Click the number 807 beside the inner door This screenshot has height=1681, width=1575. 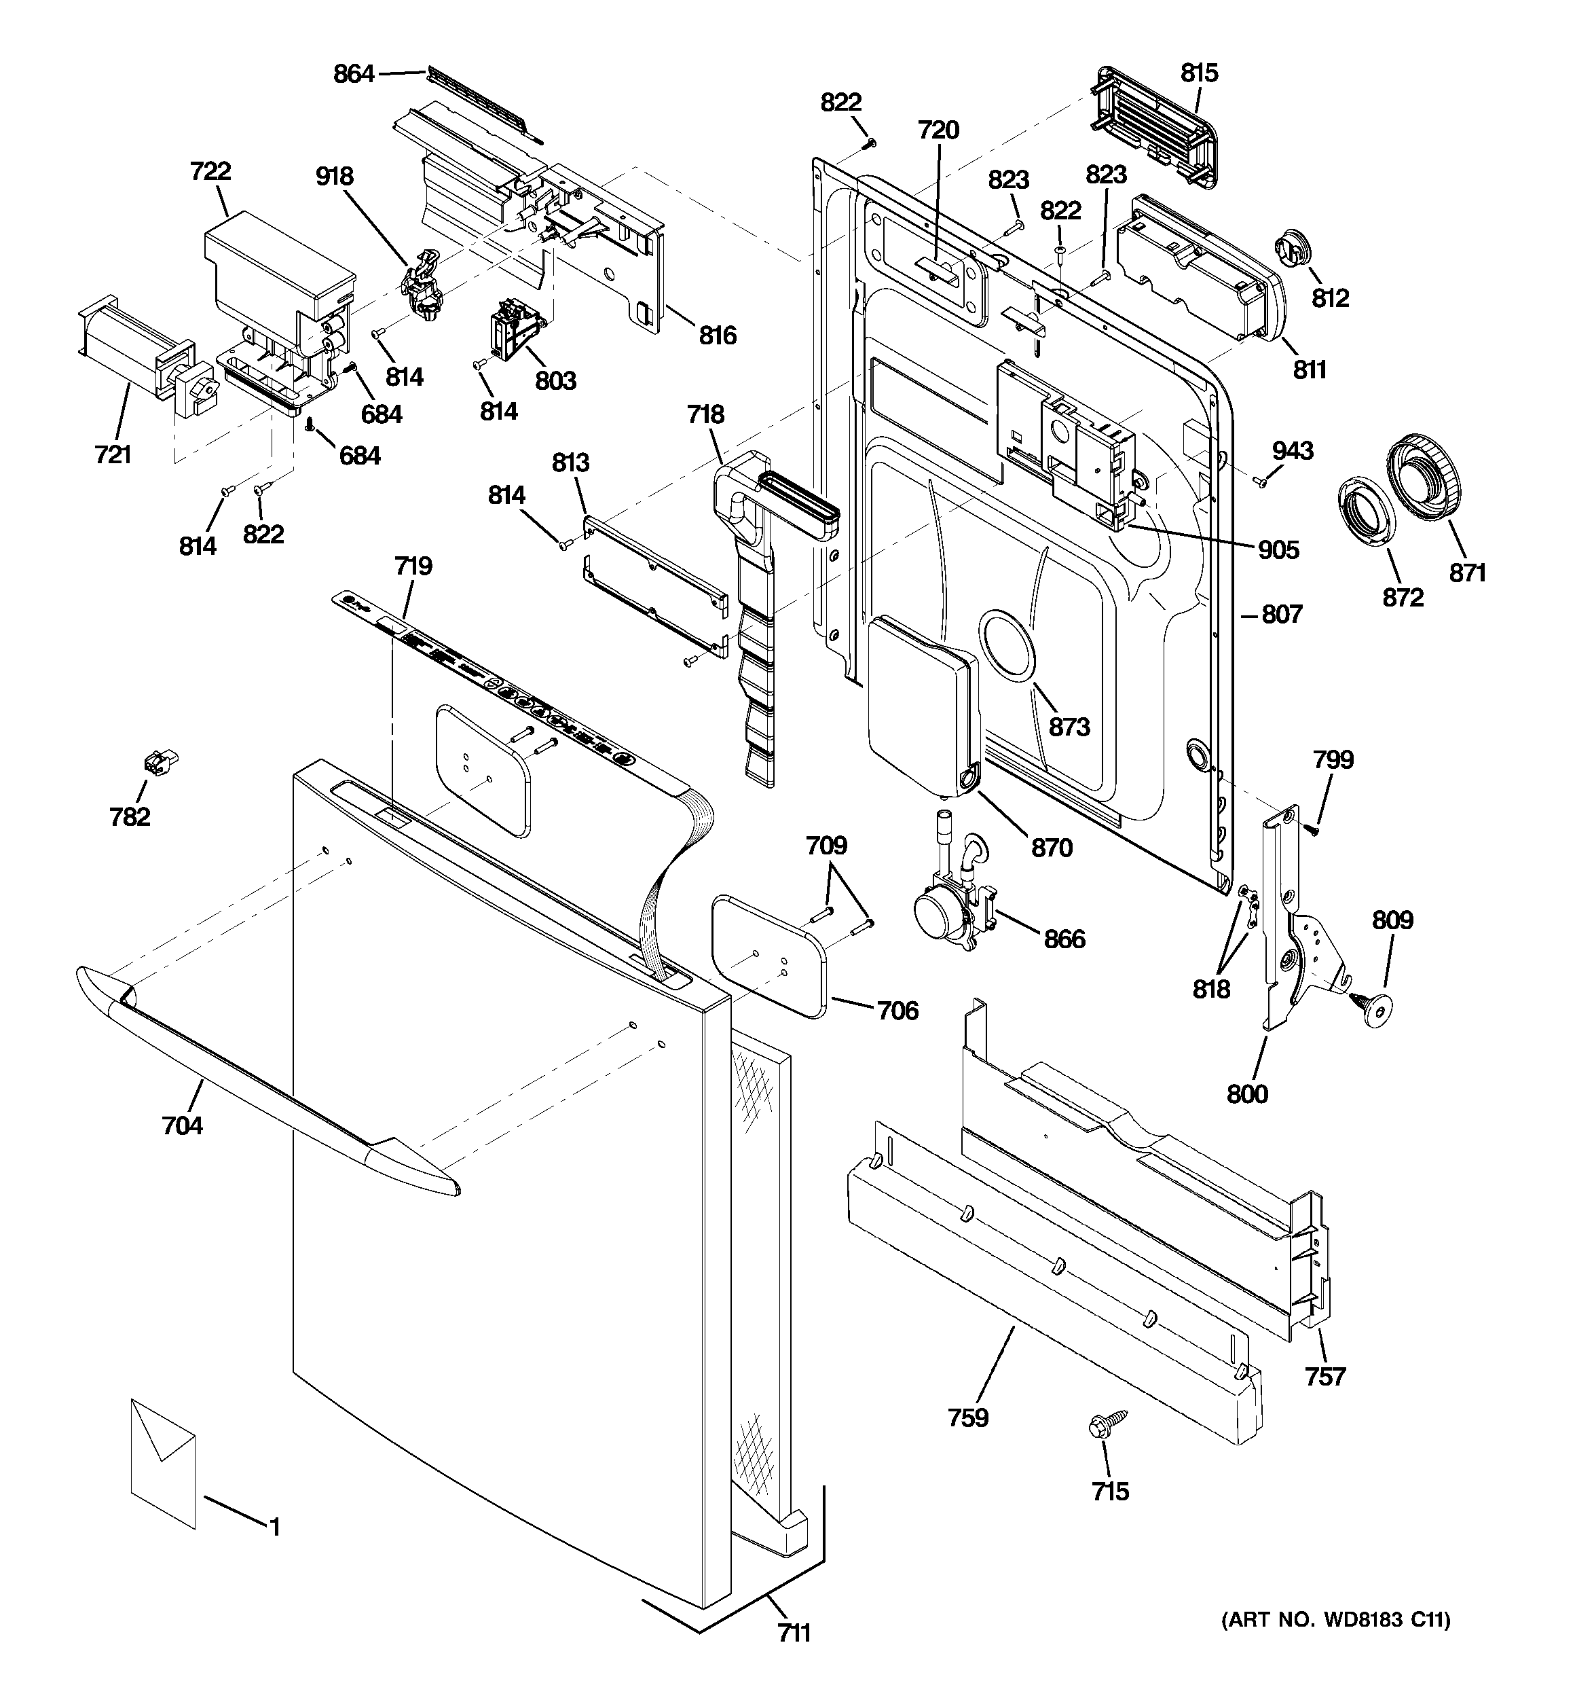(1282, 614)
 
